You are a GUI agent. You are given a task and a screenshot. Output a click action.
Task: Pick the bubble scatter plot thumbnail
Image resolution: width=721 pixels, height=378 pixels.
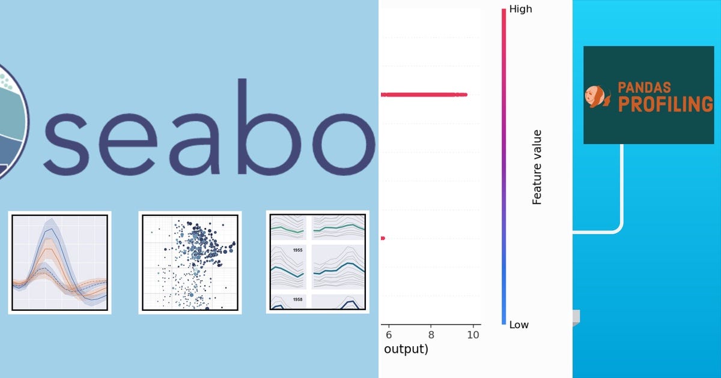pyautogui.click(x=190, y=262)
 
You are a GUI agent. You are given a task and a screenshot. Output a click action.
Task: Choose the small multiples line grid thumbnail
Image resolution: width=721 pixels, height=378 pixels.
pyautogui.click(x=317, y=262)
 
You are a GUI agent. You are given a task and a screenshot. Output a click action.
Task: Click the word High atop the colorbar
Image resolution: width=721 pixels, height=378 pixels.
pyautogui.click(x=520, y=9)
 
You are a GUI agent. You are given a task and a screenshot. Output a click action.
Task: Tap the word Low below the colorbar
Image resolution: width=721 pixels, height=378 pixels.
pyautogui.click(x=519, y=325)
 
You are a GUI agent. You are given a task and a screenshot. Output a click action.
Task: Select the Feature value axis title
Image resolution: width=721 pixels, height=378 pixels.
pyautogui.click(x=537, y=167)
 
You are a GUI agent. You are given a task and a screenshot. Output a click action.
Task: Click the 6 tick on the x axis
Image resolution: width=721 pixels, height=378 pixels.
pyautogui.click(x=389, y=334)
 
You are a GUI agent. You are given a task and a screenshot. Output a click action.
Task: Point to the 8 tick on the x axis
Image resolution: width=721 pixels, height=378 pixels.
pyautogui.click(x=431, y=334)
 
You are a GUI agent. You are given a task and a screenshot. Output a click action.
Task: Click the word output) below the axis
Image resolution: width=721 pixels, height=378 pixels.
pyautogui.click(x=406, y=349)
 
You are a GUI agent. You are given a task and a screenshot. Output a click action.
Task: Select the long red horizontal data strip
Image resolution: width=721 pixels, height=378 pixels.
pyautogui.click(x=424, y=95)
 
